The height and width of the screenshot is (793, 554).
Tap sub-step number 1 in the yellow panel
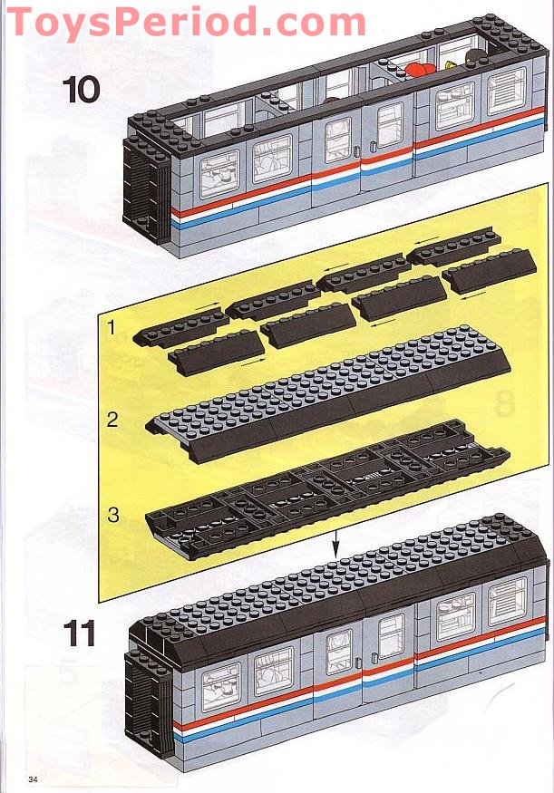112,328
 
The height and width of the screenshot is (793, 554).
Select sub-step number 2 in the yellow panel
112,420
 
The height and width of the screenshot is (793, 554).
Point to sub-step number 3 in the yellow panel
112,515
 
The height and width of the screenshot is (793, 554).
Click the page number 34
34,779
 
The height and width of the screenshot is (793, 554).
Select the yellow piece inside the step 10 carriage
451,64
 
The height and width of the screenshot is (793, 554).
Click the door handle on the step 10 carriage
360,150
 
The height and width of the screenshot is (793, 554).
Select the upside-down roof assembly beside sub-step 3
326,490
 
